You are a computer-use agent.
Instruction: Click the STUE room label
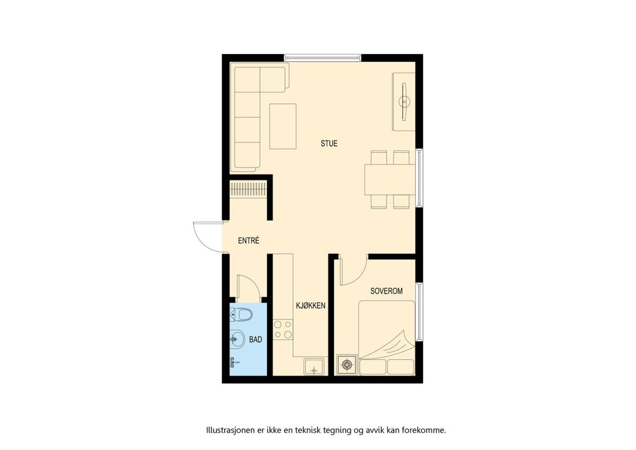point(329,143)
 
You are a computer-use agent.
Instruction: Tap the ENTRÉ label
point(249,240)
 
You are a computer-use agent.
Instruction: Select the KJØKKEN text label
point(311,306)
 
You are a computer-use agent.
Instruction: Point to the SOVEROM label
point(386,291)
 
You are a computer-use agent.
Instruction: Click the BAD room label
point(255,340)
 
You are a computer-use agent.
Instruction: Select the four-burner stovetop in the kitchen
point(283,330)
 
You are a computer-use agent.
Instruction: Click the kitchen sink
point(314,367)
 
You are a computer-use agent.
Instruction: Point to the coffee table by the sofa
point(283,126)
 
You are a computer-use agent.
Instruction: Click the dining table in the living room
point(390,179)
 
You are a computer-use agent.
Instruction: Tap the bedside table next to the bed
point(347,365)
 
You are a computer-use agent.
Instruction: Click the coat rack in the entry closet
point(248,189)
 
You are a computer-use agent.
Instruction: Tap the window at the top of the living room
point(323,58)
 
